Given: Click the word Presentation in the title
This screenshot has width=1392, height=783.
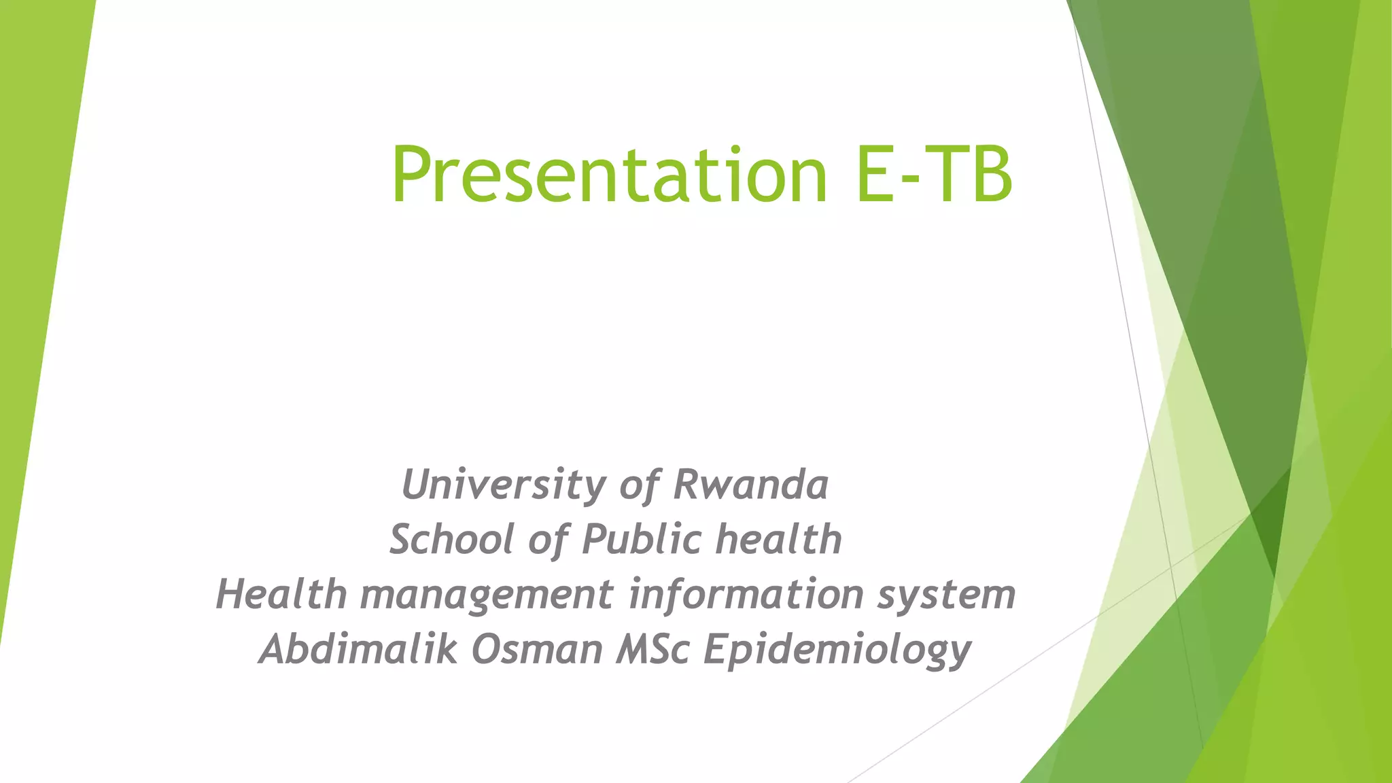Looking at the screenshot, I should (608, 175).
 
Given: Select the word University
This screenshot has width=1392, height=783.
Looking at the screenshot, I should (504, 485).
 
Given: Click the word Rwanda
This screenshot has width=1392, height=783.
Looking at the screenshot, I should (750, 485).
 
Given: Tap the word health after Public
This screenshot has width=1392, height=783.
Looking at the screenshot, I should (779, 540).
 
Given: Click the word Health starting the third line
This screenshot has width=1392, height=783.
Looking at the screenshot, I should (281, 594).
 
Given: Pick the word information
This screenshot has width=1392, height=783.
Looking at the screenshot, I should (745, 594).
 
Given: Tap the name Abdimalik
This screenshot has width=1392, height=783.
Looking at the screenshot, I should (358, 649).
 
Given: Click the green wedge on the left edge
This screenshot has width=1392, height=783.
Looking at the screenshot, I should (34, 272).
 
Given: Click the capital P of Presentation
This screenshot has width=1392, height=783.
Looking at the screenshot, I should (410, 175).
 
